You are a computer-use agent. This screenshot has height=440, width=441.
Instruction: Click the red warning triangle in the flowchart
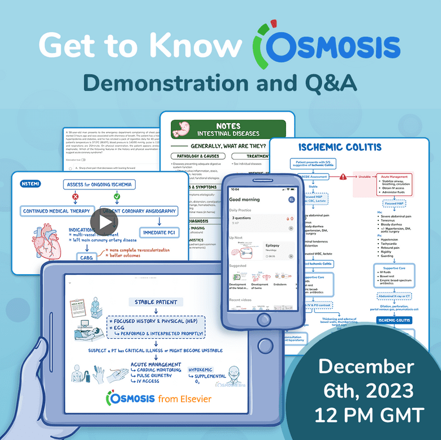[x=343, y=176]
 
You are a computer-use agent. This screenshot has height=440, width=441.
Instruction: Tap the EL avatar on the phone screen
[x=291, y=200]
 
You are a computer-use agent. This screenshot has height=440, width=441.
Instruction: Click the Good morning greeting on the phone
[x=244, y=200]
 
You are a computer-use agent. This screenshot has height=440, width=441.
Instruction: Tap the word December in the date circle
[x=365, y=367]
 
